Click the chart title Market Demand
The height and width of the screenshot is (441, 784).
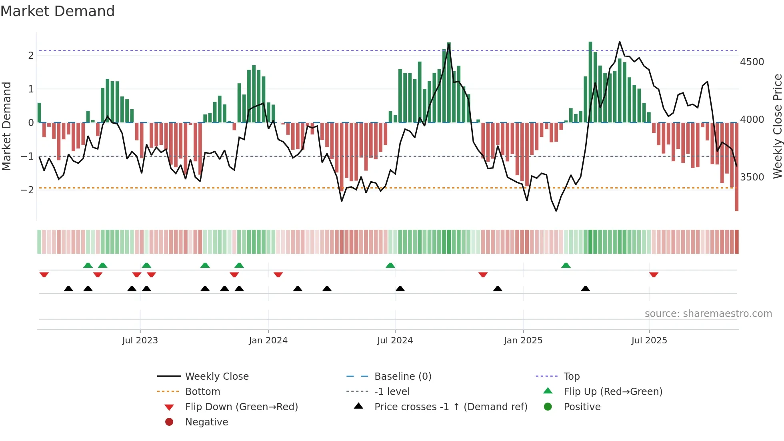pyautogui.click(x=58, y=11)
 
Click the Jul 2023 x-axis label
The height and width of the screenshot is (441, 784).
pyautogui.click(x=140, y=341)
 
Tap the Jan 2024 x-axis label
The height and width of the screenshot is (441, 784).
pyautogui.click(x=268, y=341)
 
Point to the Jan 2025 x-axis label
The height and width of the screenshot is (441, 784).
pyautogui.click(x=523, y=341)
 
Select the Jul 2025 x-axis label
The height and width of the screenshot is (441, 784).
pyautogui.click(x=649, y=341)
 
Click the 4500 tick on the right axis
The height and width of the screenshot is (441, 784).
pyautogui.click(x=752, y=62)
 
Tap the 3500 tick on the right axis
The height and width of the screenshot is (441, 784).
pyautogui.click(x=752, y=177)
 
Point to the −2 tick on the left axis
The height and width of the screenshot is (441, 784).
pyautogui.click(x=27, y=190)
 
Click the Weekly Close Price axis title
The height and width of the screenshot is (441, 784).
pyautogui.click(x=777, y=126)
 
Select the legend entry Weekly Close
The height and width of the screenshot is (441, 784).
pyautogui.click(x=217, y=377)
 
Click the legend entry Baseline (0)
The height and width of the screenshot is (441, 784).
pyautogui.click(x=403, y=377)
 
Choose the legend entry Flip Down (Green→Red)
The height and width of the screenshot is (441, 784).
pyautogui.click(x=241, y=407)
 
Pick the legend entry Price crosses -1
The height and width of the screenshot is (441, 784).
pyautogui.click(x=451, y=407)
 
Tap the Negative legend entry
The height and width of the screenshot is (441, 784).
pyautogui.click(x=206, y=422)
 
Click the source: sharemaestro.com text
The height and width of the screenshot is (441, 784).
pyautogui.click(x=708, y=314)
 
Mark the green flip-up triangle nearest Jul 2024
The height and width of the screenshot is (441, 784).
pyautogui.click(x=390, y=265)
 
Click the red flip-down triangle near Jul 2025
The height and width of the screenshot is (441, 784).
pyautogui.click(x=654, y=275)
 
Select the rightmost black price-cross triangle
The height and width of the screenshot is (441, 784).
pyautogui.click(x=585, y=289)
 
